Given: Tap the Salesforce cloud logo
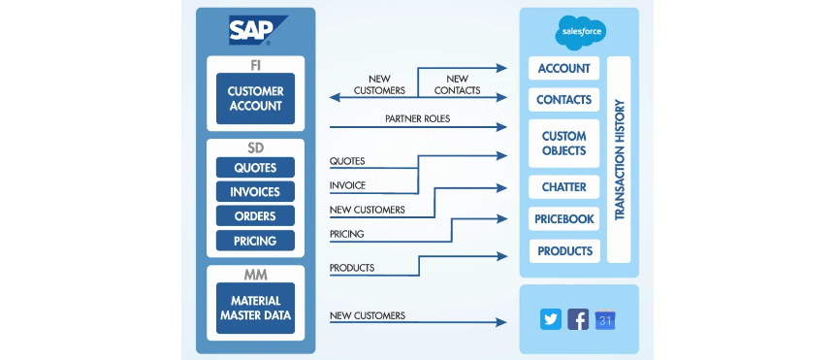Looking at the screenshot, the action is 581,33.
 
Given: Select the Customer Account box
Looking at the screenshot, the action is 255,99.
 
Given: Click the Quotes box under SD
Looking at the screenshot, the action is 255,168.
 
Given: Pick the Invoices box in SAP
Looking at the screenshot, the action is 255,191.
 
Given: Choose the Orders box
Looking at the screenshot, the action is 255,216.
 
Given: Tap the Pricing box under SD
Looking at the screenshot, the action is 255,241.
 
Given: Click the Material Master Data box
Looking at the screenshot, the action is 255,309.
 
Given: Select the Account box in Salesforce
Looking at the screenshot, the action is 564,68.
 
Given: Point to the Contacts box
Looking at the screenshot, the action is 564,100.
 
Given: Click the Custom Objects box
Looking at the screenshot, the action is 564,144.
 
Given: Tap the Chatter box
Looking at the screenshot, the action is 564,186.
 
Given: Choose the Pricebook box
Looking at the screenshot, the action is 564,218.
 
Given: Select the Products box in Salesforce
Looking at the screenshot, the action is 564,251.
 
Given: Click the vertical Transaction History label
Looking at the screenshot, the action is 619,159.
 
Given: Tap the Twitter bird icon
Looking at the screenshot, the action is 551,319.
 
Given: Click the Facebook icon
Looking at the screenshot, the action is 578,319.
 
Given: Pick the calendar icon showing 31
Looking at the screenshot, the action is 605,319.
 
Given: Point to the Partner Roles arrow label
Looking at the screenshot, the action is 417,118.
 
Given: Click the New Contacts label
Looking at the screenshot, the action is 457,84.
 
